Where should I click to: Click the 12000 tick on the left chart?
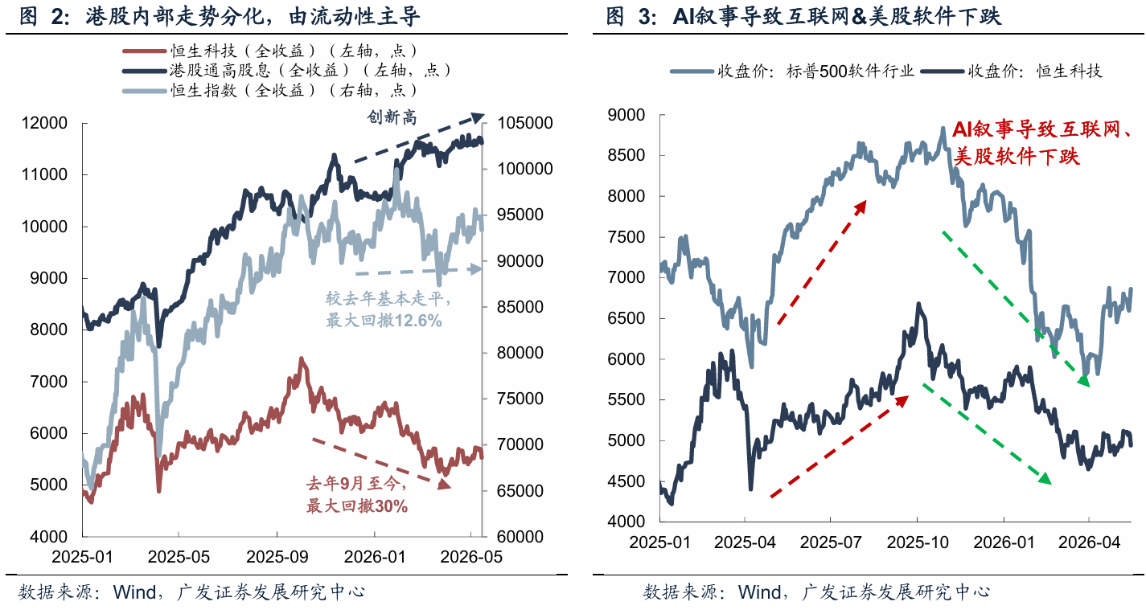pos(44,123)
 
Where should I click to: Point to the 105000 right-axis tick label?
pos(525,123)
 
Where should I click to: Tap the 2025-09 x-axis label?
pos(277,557)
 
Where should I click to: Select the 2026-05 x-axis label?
pos(471,557)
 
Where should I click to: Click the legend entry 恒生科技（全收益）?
pos(270,51)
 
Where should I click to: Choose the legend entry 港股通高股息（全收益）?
pos(287,70)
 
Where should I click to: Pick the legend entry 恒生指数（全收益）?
pos(270,91)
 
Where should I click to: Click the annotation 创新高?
pos(392,117)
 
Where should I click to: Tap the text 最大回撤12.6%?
pos(384,321)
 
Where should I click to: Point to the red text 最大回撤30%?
pos(357,506)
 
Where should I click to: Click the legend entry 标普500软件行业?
pos(792,71)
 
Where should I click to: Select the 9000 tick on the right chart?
pos(626,115)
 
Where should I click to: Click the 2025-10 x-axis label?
pos(918,542)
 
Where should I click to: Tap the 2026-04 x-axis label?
pos(1089,542)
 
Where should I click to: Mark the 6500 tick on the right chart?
pos(626,318)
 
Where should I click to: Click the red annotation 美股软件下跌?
pos(1017,157)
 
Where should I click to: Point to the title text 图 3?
pos(632,16)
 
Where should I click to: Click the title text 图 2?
pos(44,16)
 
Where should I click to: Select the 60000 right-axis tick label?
pos(520,537)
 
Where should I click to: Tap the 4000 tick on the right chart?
pos(626,522)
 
